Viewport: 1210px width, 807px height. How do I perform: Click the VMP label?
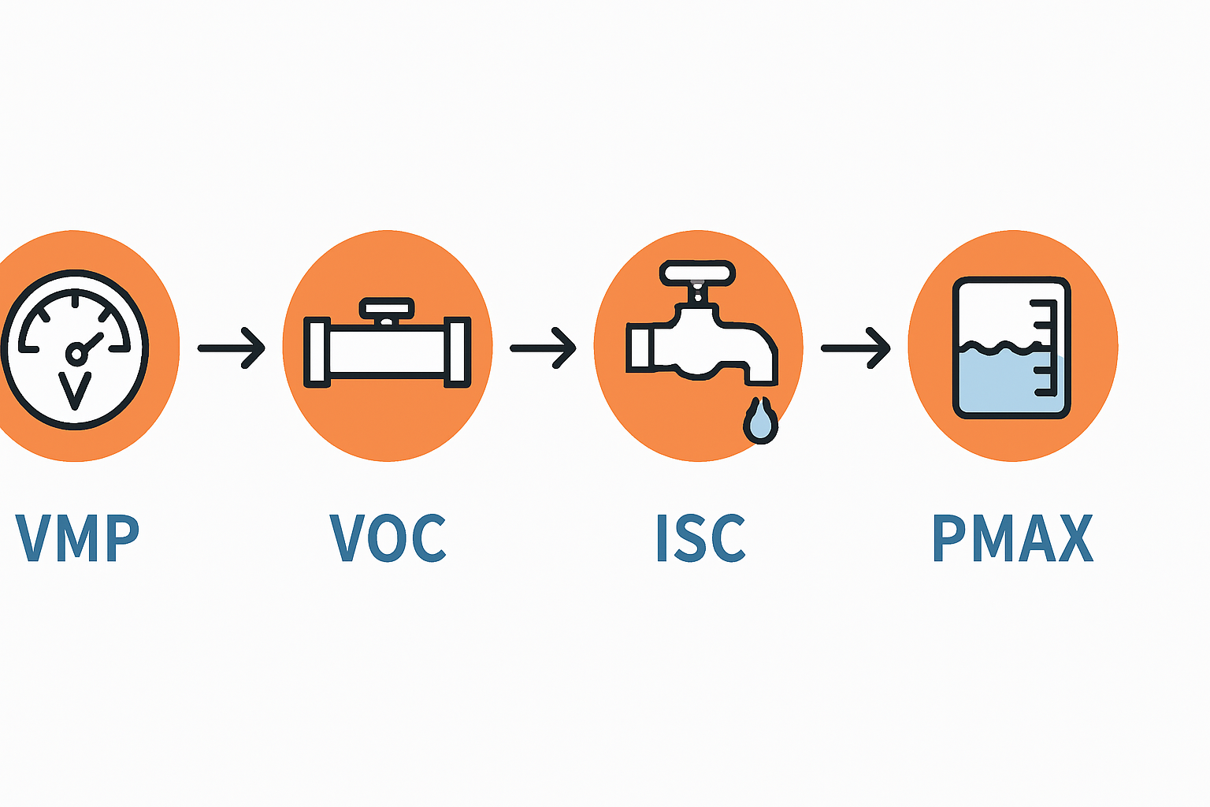pyautogui.click(x=77, y=538)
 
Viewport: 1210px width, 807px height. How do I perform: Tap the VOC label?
pyautogui.click(x=388, y=538)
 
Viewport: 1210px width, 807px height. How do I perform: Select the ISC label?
pyautogui.click(x=700, y=538)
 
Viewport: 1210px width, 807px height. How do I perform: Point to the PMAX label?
pyautogui.click(x=1012, y=538)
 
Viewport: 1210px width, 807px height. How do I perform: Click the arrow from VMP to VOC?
pyautogui.click(x=232, y=348)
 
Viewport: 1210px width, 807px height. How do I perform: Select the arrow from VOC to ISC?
pyautogui.click(x=544, y=348)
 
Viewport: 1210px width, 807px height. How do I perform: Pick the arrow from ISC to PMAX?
pyautogui.click(x=856, y=348)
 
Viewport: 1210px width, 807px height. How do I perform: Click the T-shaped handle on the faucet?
pyautogui.click(x=697, y=273)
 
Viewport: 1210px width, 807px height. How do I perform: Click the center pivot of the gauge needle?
pyautogui.click(x=76, y=355)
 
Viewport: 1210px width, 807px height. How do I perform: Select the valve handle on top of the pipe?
pyautogui.click(x=386, y=307)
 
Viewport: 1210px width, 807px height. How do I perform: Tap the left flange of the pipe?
pyautogui.click(x=316, y=352)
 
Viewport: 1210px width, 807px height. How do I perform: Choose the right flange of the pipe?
pyautogui.click(x=458, y=352)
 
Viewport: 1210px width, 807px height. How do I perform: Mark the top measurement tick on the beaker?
pyautogui.click(x=1045, y=303)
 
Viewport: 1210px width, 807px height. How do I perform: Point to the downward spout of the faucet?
pyautogui.click(x=761, y=366)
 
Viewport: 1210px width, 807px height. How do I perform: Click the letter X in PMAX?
pyautogui.click(x=1075, y=538)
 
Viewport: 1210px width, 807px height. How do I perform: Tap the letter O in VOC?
pyautogui.click(x=388, y=538)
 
